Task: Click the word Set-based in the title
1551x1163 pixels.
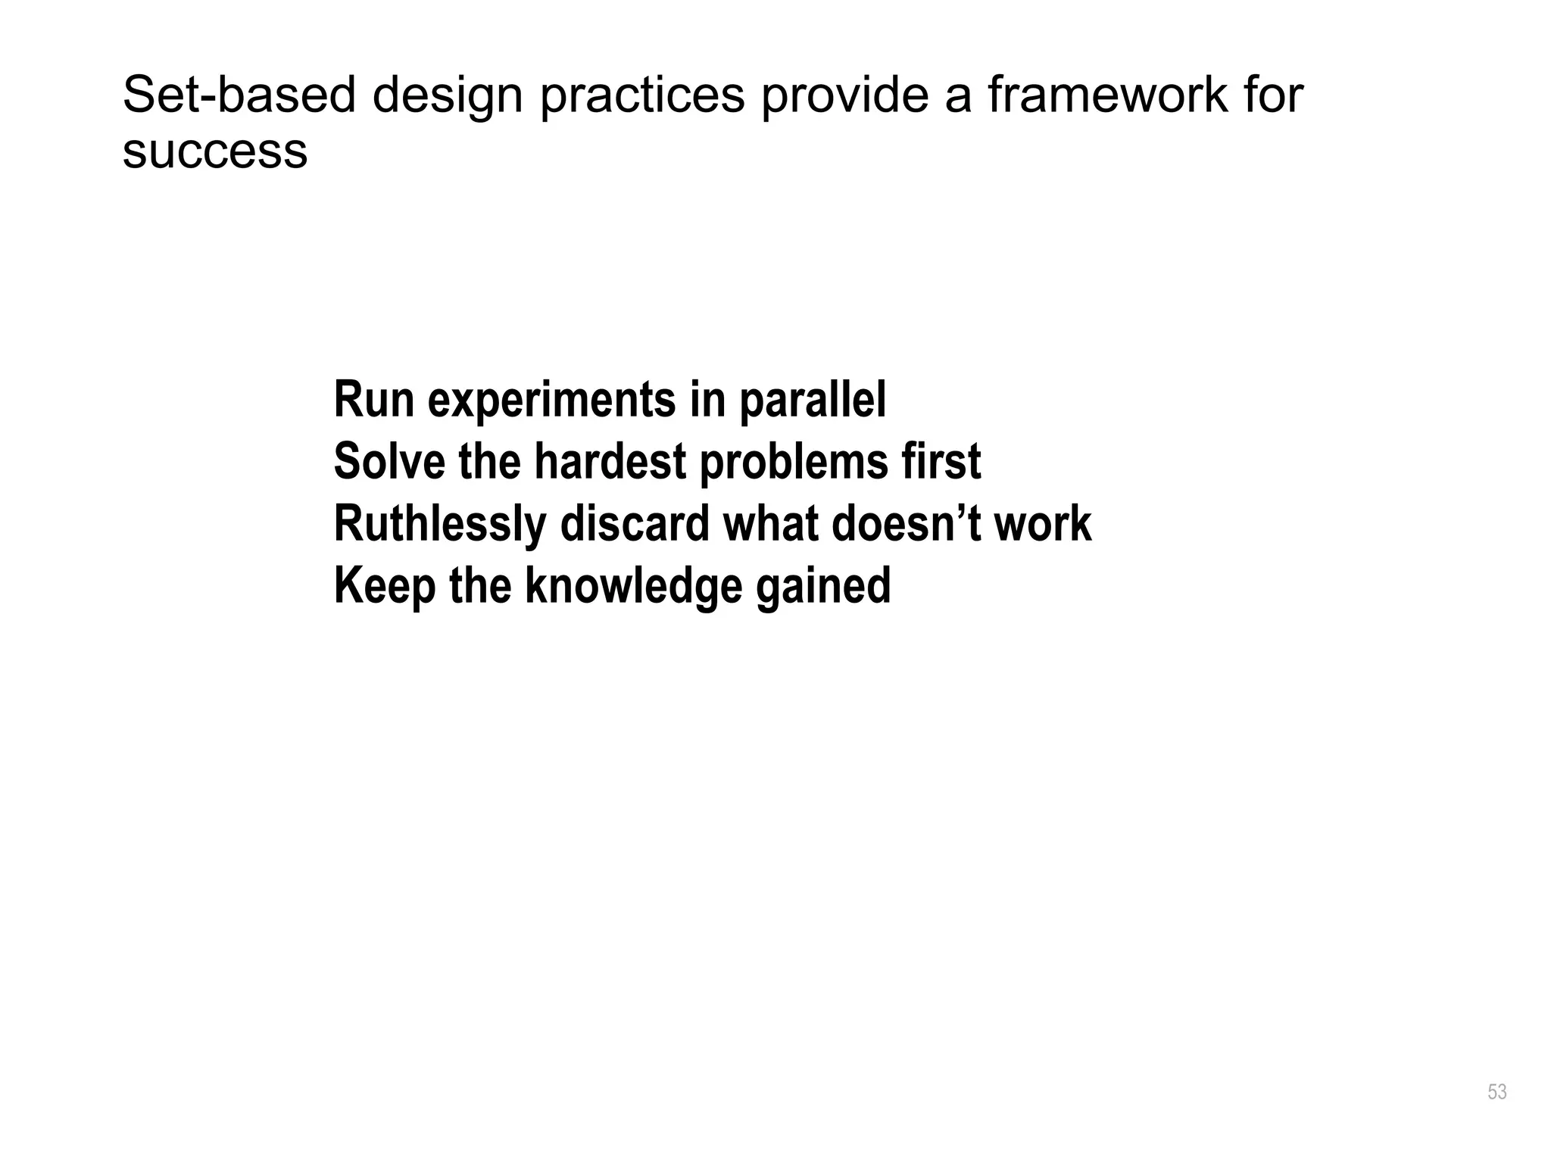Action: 239,95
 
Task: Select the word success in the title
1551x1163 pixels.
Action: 215,151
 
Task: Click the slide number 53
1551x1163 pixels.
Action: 1496,1092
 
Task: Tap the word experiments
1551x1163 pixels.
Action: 551,401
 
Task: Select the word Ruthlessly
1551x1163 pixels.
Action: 440,525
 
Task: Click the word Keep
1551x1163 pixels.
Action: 384,587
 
